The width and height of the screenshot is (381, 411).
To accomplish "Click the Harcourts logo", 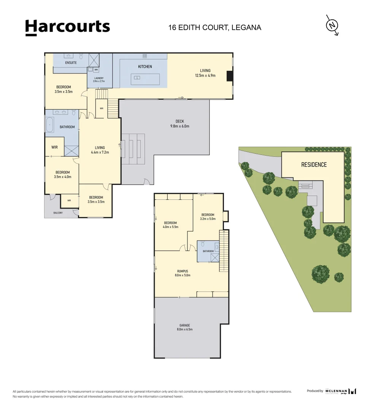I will (x=67, y=27).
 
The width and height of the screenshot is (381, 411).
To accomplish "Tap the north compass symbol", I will (x=332, y=25).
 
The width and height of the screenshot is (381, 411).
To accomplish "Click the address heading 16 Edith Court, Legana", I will (x=215, y=27).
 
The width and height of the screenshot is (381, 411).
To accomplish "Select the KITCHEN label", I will (x=145, y=67).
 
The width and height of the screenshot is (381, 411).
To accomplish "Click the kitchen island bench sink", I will (x=137, y=78).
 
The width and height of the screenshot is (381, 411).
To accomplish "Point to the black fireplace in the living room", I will (x=229, y=76).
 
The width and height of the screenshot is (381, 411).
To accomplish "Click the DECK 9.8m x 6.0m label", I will (x=180, y=124).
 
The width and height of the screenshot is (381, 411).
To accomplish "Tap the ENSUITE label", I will (x=71, y=63).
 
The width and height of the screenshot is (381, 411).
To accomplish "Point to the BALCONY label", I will (x=58, y=213).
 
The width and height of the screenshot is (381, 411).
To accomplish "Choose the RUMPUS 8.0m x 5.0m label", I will (x=182, y=273).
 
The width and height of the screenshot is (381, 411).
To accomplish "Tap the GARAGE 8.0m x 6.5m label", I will (x=185, y=327).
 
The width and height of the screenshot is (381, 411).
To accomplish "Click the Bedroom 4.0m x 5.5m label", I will (x=170, y=225).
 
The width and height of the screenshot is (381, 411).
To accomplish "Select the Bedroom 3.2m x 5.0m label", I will (x=208, y=217).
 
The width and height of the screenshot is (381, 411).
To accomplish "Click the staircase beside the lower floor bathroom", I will (x=224, y=251).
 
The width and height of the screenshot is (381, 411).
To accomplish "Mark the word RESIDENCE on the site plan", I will (x=314, y=165).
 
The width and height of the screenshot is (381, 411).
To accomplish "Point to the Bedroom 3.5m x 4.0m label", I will (x=63, y=174).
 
